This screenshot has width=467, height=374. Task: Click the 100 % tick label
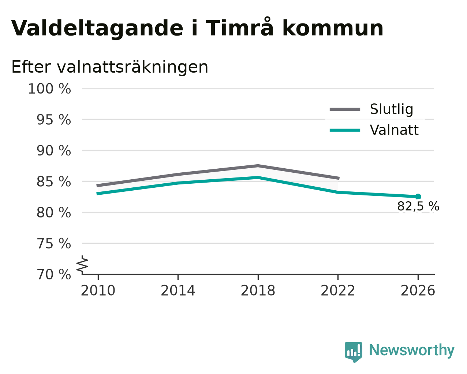click(x=49, y=89)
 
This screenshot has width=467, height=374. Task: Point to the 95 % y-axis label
click(x=53, y=120)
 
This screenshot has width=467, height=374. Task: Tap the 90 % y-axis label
click(x=53, y=150)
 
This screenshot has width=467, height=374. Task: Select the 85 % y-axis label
click(x=53, y=181)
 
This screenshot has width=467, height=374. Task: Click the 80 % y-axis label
click(x=53, y=212)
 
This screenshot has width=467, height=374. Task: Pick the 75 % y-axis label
click(x=53, y=243)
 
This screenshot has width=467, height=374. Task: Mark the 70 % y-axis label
click(x=53, y=274)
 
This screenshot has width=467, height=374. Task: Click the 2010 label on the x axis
click(x=98, y=290)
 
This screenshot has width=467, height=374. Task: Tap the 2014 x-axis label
click(x=178, y=290)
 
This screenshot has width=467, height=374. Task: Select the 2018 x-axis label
click(x=258, y=290)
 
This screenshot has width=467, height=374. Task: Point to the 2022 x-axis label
click(x=338, y=290)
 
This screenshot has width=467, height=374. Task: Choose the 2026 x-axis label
click(x=418, y=290)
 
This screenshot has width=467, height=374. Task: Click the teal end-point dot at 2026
click(x=418, y=197)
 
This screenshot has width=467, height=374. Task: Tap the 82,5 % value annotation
click(x=418, y=206)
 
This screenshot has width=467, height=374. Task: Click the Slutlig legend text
click(x=392, y=109)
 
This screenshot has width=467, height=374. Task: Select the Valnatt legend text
click(x=394, y=130)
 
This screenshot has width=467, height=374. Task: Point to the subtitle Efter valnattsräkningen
click(x=110, y=67)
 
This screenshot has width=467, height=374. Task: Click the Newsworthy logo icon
click(x=354, y=352)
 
